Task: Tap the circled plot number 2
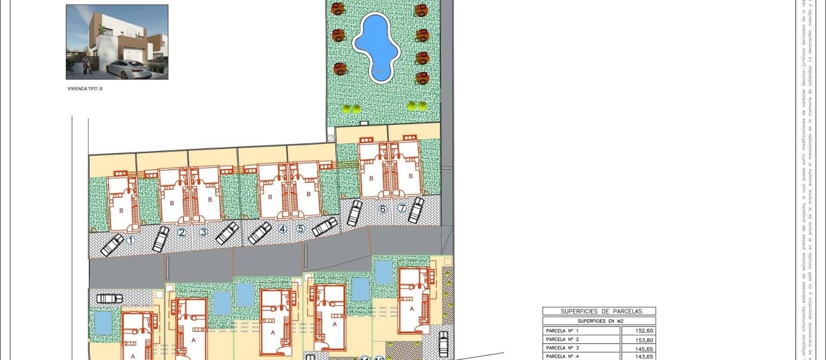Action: pos(182,233)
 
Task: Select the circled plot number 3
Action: pos(203,233)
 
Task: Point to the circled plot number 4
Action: pos(282,229)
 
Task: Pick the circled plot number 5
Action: pos(301,229)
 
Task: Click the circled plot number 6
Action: pos(382,209)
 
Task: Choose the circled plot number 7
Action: pos(402,209)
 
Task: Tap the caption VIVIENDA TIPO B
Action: pos(85,89)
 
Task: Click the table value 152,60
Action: pos(644,331)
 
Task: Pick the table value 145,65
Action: pos(644,348)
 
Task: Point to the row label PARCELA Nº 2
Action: pos(562,340)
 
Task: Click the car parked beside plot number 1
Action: pos(112,245)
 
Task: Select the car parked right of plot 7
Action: pos(416,210)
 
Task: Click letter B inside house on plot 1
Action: pos(121,210)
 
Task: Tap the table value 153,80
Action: pos(644,340)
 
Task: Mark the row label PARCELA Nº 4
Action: pos(562,356)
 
